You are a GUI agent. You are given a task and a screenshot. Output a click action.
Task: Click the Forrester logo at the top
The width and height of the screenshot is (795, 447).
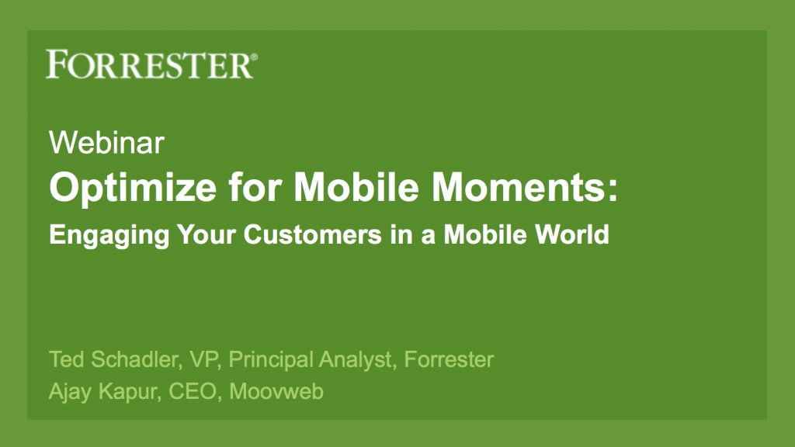(151, 64)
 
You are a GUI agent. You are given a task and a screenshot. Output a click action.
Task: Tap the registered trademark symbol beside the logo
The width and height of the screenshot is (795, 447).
(254, 57)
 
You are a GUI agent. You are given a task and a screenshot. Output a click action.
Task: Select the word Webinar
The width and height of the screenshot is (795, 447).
(106, 143)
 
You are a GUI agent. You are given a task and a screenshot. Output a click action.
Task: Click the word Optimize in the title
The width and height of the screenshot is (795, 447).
(133, 189)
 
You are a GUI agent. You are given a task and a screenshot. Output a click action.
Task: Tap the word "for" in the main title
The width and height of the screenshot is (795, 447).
(255, 187)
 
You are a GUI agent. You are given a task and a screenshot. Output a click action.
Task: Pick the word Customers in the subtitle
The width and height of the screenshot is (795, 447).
(312, 234)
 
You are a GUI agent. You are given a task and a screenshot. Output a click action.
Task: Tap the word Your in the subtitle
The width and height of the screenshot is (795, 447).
(207, 234)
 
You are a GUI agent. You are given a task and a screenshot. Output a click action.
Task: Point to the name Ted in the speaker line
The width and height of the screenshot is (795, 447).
(67, 359)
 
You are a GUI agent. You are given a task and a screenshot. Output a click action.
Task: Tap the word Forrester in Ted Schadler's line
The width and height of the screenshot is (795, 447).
(449, 359)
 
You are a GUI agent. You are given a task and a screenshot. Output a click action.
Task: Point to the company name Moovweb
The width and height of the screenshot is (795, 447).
(276, 391)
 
